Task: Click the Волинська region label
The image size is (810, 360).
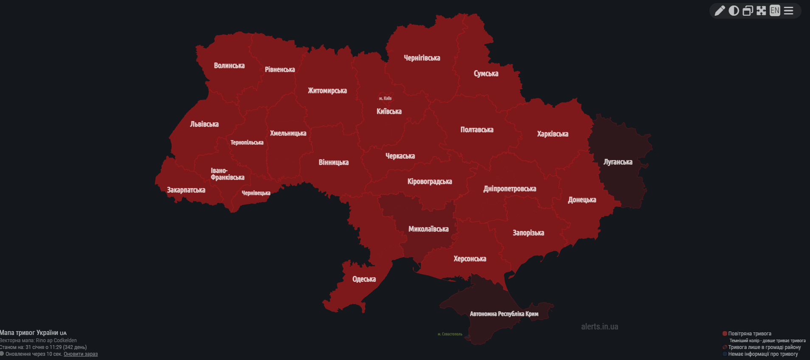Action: point(229,66)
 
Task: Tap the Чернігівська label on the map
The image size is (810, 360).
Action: point(422,58)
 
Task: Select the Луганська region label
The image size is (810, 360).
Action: point(618,162)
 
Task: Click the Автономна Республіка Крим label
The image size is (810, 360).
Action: point(503,314)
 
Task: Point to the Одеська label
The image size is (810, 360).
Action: point(364,279)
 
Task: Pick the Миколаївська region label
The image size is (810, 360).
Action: point(428,229)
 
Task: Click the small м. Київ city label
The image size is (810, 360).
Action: point(385,98)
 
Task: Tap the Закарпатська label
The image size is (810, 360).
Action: point(186,190)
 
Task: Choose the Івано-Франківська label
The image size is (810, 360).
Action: point(227,174)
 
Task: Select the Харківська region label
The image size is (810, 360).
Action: point(552,134)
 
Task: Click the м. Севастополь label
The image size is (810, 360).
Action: point(450,334)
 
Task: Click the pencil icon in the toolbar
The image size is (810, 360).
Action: point(720,11)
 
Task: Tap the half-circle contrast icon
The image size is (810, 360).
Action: point(734,11)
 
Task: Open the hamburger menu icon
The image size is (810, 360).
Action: point(788,11)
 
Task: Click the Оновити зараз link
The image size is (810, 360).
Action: point(81,354)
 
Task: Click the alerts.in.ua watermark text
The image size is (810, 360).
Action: point(599,326)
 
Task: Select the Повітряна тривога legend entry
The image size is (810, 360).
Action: point(749,334)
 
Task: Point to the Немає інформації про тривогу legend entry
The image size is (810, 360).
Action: point(762,354)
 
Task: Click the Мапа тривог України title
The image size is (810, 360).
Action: point(30,333)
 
